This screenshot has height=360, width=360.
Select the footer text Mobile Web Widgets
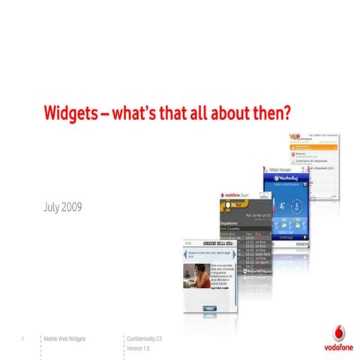[x=65, y=340]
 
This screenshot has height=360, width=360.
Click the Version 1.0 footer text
[x=139, y=349]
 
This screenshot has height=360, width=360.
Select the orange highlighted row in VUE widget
[x=316, y=148]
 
